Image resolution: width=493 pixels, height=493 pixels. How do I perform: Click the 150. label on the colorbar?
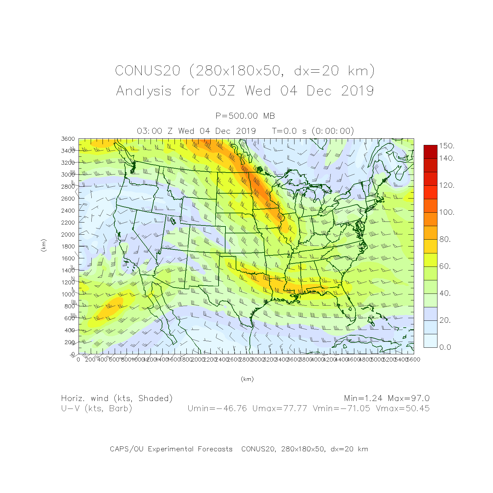pyautogui.click(x=447, y=146)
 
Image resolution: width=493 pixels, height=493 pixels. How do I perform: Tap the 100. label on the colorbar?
pyautogui.click(x=447, y=212)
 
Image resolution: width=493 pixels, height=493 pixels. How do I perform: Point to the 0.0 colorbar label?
pyautogui.click(x=445, y=347)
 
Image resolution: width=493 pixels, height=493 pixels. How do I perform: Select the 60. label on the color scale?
pyautogui.click(x=445, y=266)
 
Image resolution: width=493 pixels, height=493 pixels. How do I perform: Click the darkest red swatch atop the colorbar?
pyautogui.click(x=430, y=152)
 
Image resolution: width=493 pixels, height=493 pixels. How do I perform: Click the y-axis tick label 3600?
pyautogui.click(x=68, y=139)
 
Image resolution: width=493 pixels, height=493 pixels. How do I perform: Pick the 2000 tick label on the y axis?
pyautogui.click(x=68, y=235)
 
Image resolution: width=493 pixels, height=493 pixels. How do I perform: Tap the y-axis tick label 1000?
pyautogui.click(x=68, y=294)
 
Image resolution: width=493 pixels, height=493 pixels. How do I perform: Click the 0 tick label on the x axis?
pyautogui.click(x=78, y=360)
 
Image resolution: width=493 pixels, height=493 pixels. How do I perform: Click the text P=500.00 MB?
pyautogui.click(x=245, y=116)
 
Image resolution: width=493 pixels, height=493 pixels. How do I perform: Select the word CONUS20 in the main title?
pyautogui.click(x=148, y=71)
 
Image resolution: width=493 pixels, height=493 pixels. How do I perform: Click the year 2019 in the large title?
pyautogui.click(x=357, y=91)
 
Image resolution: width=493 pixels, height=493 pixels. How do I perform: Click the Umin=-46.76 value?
pyautogui.click(x=217, y=409)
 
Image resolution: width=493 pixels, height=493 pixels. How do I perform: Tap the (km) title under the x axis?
pyautogui.click(x=247, y=379)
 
